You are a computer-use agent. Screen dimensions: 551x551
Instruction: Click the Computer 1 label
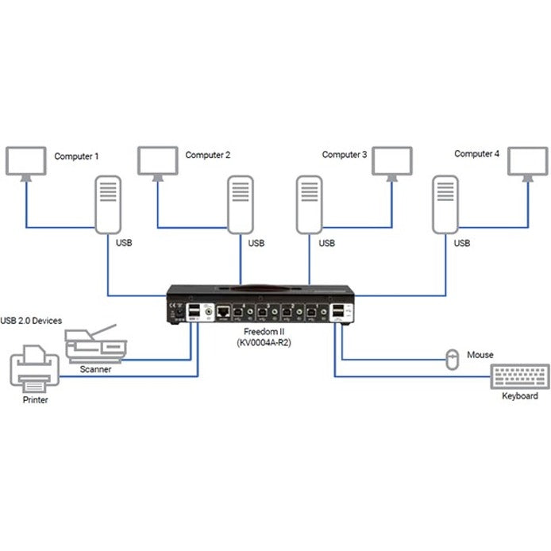(76, 156)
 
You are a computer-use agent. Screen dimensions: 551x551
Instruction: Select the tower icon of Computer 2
(241, 205)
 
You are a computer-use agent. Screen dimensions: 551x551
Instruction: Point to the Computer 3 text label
(344, 155)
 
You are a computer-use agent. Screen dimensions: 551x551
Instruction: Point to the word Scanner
(95, 369)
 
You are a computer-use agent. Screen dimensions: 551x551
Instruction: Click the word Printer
(35, 400)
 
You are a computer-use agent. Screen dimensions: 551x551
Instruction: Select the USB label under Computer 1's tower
(124, 243)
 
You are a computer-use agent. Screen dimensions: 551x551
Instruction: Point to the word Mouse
(480, 355)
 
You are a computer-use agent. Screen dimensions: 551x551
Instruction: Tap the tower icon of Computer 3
(309, 205)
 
